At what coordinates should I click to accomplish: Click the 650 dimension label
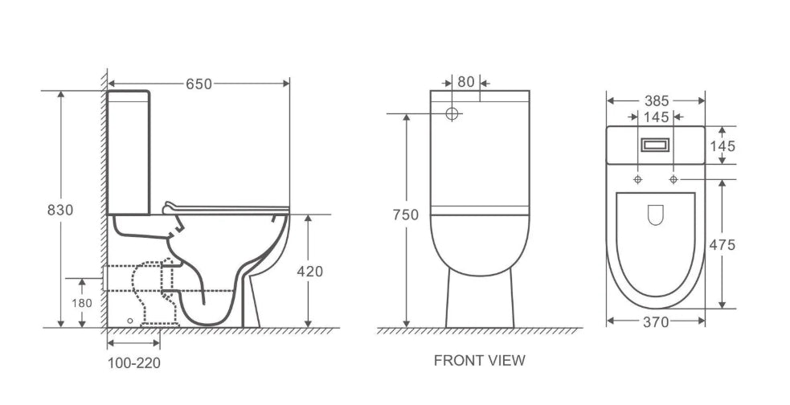(199, 84)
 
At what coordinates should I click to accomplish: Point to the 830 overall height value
(60, 210)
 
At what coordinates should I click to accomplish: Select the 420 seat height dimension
(310, 272)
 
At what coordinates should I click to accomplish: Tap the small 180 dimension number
(82, 303)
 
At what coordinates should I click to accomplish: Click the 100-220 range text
(134, 362)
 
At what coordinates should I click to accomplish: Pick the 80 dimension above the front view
(466, 82)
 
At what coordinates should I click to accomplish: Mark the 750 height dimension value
(406, 215)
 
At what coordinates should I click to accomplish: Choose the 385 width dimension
(657, 101)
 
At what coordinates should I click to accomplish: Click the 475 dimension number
(722, 245)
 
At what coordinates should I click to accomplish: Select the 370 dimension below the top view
(656, 322)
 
